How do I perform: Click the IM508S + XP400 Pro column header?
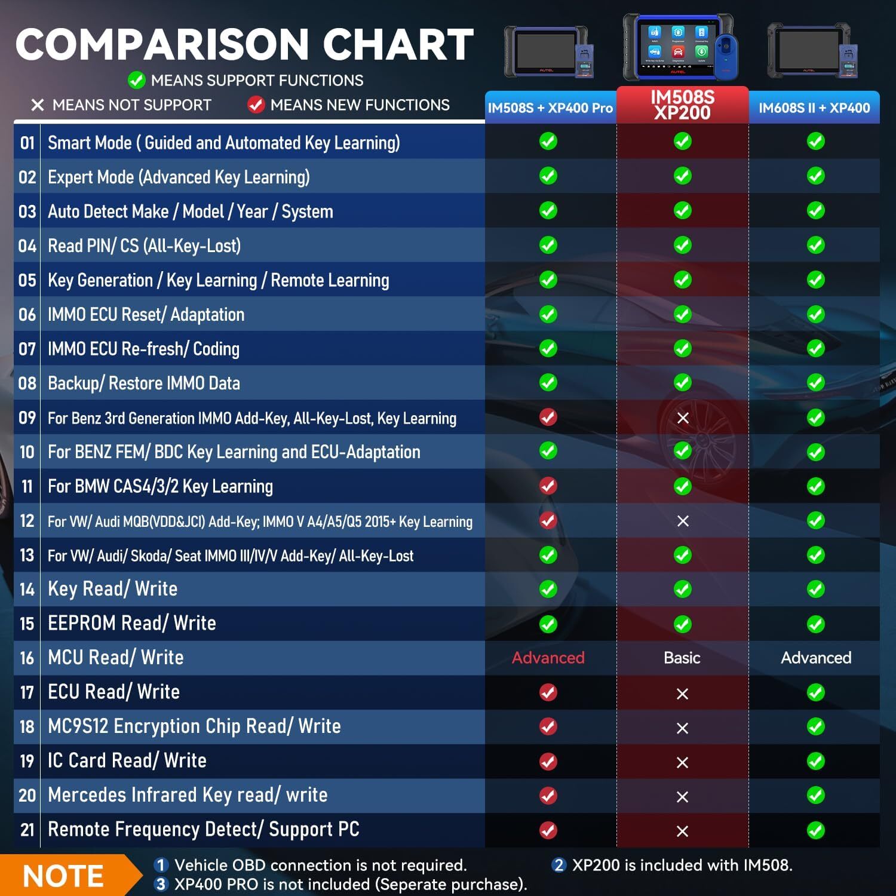(550, 108)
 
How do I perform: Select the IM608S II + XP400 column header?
(814, 108)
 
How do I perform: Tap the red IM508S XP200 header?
(682, 105)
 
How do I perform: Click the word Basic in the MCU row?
(682, 658)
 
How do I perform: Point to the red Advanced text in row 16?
(548, 658)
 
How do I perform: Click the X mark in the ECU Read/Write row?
(682, 694)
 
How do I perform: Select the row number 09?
(27, 418)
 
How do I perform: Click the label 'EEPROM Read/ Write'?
(132, 623)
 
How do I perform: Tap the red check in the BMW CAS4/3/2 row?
(548, 486)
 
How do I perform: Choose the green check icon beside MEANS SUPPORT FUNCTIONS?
(137, 80)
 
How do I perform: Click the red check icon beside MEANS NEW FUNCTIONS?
(256, 105)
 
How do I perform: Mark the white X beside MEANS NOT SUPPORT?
(38, 105)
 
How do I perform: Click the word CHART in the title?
(398, 45)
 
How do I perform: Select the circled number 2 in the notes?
(559, 865)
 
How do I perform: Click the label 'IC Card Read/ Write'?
(127, 760)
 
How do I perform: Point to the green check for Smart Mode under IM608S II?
(815, 142)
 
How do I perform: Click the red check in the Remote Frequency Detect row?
(548, 830)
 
